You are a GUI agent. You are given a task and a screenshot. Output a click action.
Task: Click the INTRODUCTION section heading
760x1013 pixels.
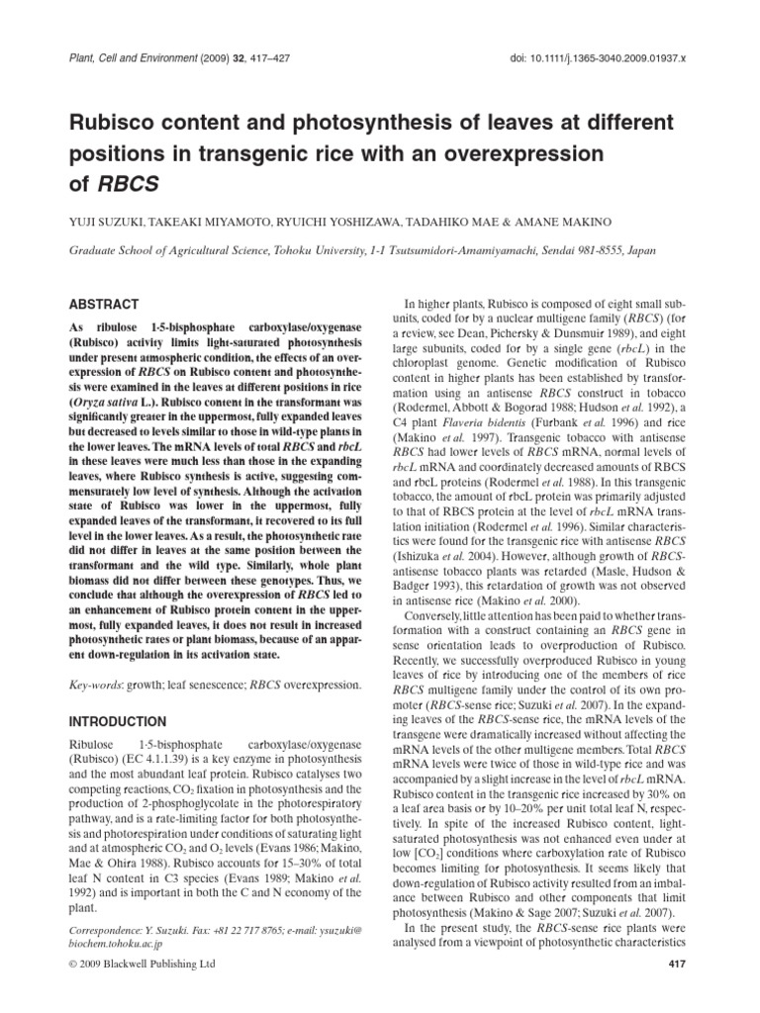(118, 721)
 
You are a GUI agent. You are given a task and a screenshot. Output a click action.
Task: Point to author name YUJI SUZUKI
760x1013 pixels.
(103, 225)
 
